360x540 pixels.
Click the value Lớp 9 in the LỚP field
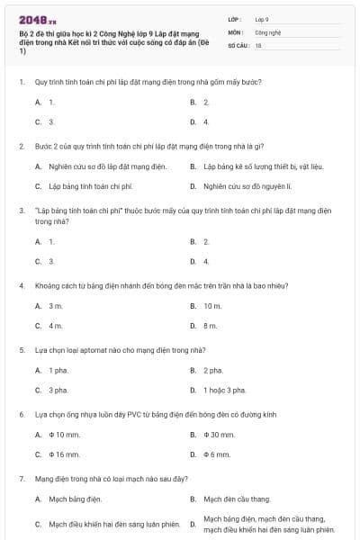pos(262,18)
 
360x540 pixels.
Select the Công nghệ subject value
pos(268,31)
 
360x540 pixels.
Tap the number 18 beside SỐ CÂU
pos(258,44)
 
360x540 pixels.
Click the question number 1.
pos(21,82)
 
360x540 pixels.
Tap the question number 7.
pos(21,478)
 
